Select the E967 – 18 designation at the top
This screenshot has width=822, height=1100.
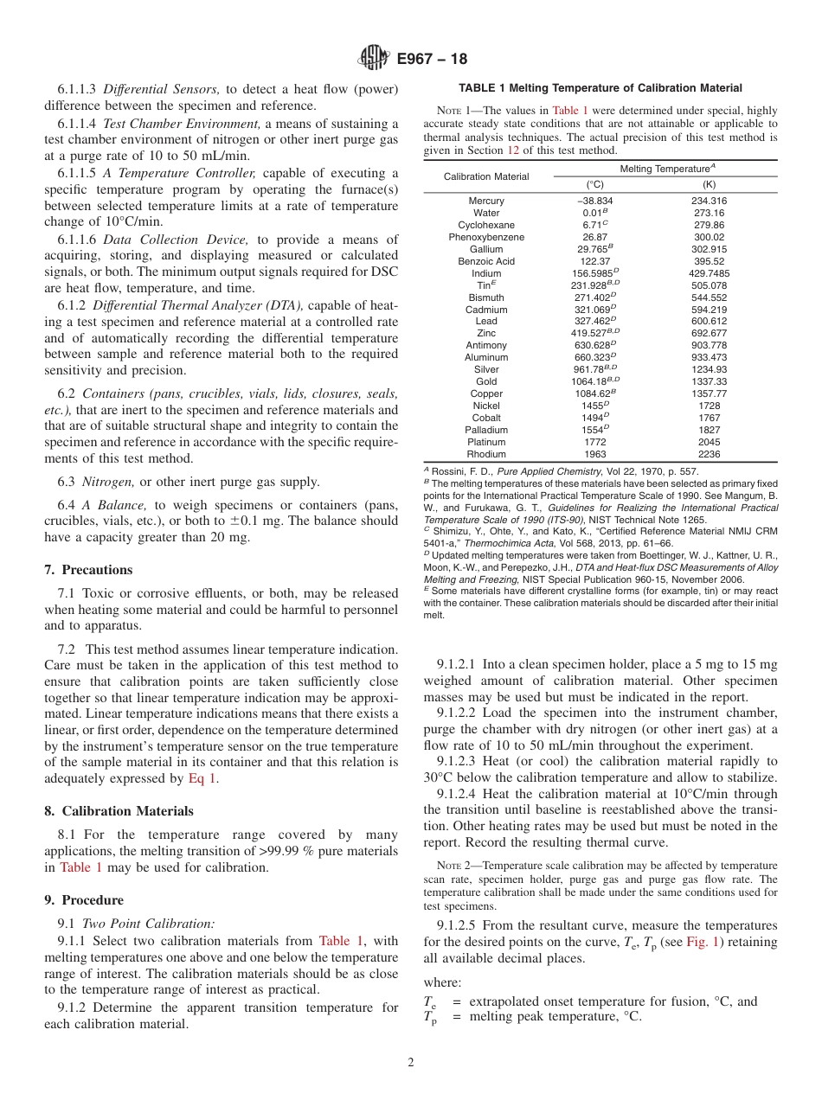click(x=432, y=59)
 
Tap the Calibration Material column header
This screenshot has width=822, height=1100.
click(x=485, y=176)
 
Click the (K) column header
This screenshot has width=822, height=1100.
click(x=709, y=184)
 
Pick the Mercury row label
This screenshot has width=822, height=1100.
click(x=485, y=201)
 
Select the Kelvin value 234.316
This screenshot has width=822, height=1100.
click(x=709, y=201)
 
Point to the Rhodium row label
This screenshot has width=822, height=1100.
click(x=485, y=454)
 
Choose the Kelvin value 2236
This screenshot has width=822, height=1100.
click(x=709, y=454)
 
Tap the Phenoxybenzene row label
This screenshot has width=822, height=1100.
click(x=485, y=237)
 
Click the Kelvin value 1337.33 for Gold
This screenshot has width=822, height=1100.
click(x=709, y=381)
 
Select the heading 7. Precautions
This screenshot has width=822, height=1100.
click(x=88, y=570)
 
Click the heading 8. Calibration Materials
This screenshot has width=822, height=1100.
click(x=119, y=811)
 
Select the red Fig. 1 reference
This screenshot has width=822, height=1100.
click(x=702, y=942)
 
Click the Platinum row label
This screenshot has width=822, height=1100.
click(x=485, y=442)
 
